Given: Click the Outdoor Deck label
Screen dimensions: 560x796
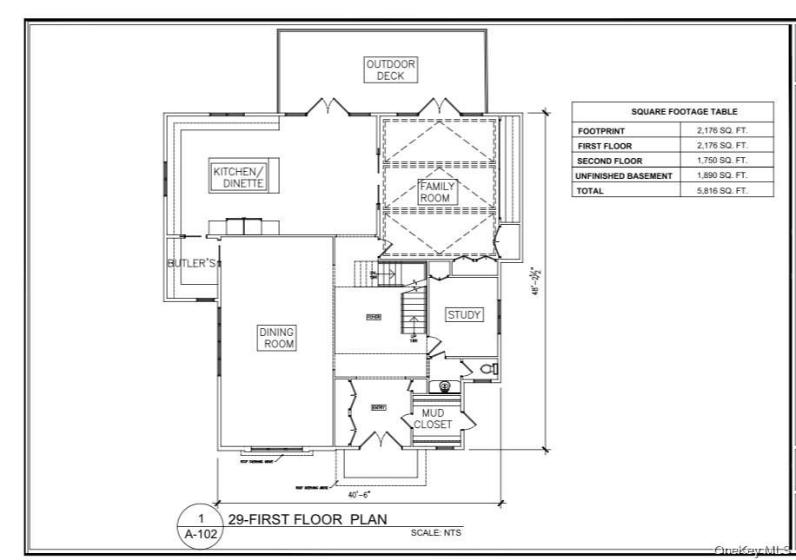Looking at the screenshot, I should (390, 69).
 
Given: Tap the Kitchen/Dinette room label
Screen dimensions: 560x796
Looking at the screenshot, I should (238, 177).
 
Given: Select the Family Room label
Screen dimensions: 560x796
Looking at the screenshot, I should (436, 192).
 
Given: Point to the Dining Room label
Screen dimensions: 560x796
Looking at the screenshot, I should (276, 338).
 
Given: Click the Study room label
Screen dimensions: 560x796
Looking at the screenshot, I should (464, 315).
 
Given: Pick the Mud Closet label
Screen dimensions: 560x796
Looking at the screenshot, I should (432, 419).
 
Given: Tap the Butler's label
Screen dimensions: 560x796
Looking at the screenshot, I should (191, 263).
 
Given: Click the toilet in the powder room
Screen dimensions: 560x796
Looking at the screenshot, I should (489, 369).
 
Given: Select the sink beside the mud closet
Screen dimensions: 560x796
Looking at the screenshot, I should (444, 385).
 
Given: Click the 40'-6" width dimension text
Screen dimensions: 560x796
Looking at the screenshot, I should (360, 494).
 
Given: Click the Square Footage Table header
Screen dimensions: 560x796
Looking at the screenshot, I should (672, 112).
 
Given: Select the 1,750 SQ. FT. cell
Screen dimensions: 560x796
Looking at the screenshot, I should (722, 161).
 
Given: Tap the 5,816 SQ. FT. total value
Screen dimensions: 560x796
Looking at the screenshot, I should (722, 190).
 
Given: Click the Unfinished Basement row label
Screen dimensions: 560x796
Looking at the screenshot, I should (624, 175).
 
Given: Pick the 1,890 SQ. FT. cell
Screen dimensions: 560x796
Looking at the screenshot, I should (722, 175).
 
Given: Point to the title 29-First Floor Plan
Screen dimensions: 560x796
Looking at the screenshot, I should (307, 519).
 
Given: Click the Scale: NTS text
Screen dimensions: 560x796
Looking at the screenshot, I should (436, 532).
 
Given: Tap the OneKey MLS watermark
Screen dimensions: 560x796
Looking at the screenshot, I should (751, 550).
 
